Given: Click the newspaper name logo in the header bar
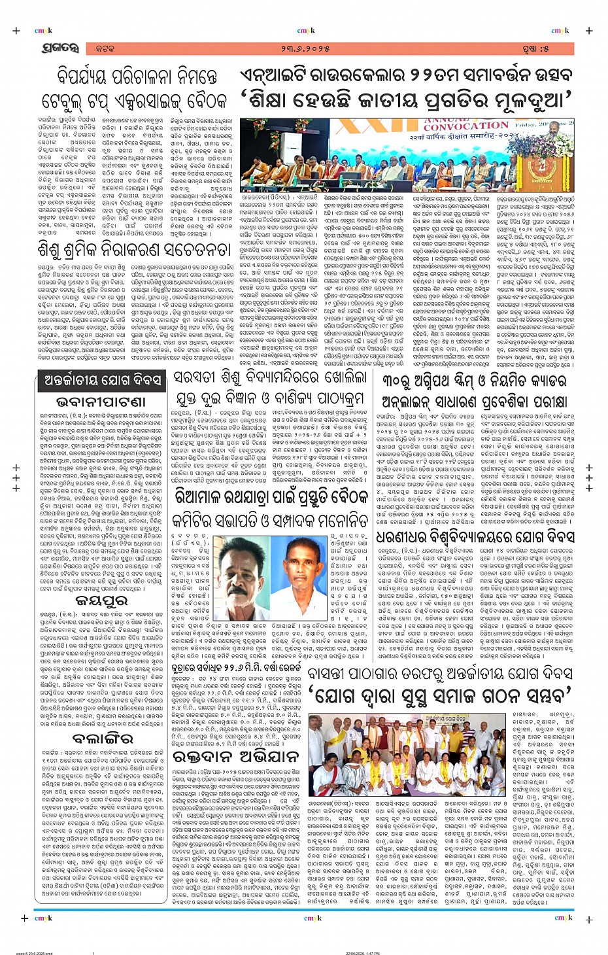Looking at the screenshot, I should pyautogui.click(x=59, y=48).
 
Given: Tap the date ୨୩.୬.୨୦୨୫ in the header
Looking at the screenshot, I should pyautogui.click(x=306, y=48).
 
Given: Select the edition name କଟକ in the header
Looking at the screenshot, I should pyautogui.click(x=104, y=48).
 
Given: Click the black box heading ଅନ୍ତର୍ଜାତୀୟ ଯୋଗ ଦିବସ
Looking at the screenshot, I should pyautogui.click(x=102, y=381).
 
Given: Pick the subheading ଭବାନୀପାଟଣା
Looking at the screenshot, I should pyautogui.click(x=101, y=401).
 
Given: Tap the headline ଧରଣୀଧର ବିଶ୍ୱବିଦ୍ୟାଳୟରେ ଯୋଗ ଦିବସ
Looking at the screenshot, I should pyautogui.click(x=466, y=537).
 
